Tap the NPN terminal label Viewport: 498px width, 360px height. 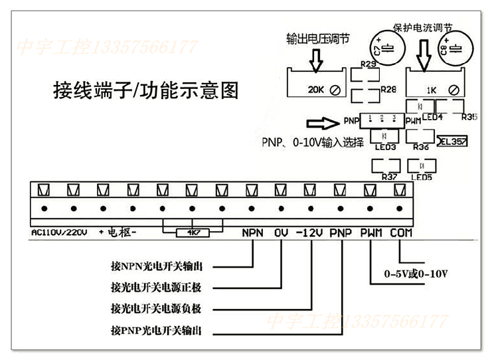[x=253, y=233]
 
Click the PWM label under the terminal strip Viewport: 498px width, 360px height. [x=370, y=233]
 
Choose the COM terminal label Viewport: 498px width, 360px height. [x=401, y=233]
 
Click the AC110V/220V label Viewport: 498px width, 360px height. [x=60, y=233]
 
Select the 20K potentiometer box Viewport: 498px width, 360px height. [x=316, y=82]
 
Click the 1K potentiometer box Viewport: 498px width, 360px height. [x=436, y=82]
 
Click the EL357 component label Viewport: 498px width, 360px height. [x=453, y=141]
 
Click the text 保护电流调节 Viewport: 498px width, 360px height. [x=423, y=29]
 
